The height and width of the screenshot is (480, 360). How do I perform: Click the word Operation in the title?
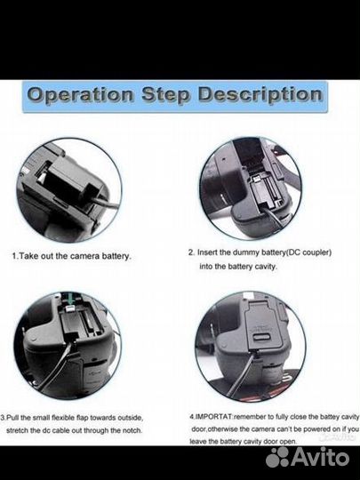click(81, 95)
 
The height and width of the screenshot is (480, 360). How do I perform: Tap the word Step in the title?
click(165, 95)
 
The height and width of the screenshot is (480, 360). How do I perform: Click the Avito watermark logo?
click(308, 458)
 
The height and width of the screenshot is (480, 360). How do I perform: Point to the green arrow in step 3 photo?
click(71, 299)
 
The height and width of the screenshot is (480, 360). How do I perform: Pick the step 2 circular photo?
click(250, 188)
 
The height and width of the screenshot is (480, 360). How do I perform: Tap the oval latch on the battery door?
click(262, 337)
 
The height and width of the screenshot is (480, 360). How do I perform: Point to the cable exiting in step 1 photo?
click(106, 203)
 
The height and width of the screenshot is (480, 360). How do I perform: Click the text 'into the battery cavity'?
click(238, 267)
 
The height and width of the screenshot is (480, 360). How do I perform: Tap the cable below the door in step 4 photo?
click(243, 373)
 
